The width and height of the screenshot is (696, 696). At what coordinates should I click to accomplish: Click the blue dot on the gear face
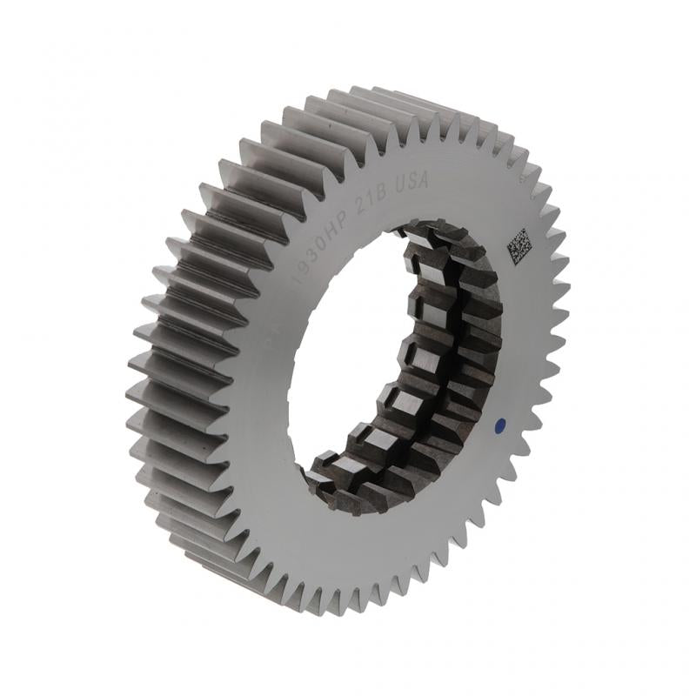tap(499, 425)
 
